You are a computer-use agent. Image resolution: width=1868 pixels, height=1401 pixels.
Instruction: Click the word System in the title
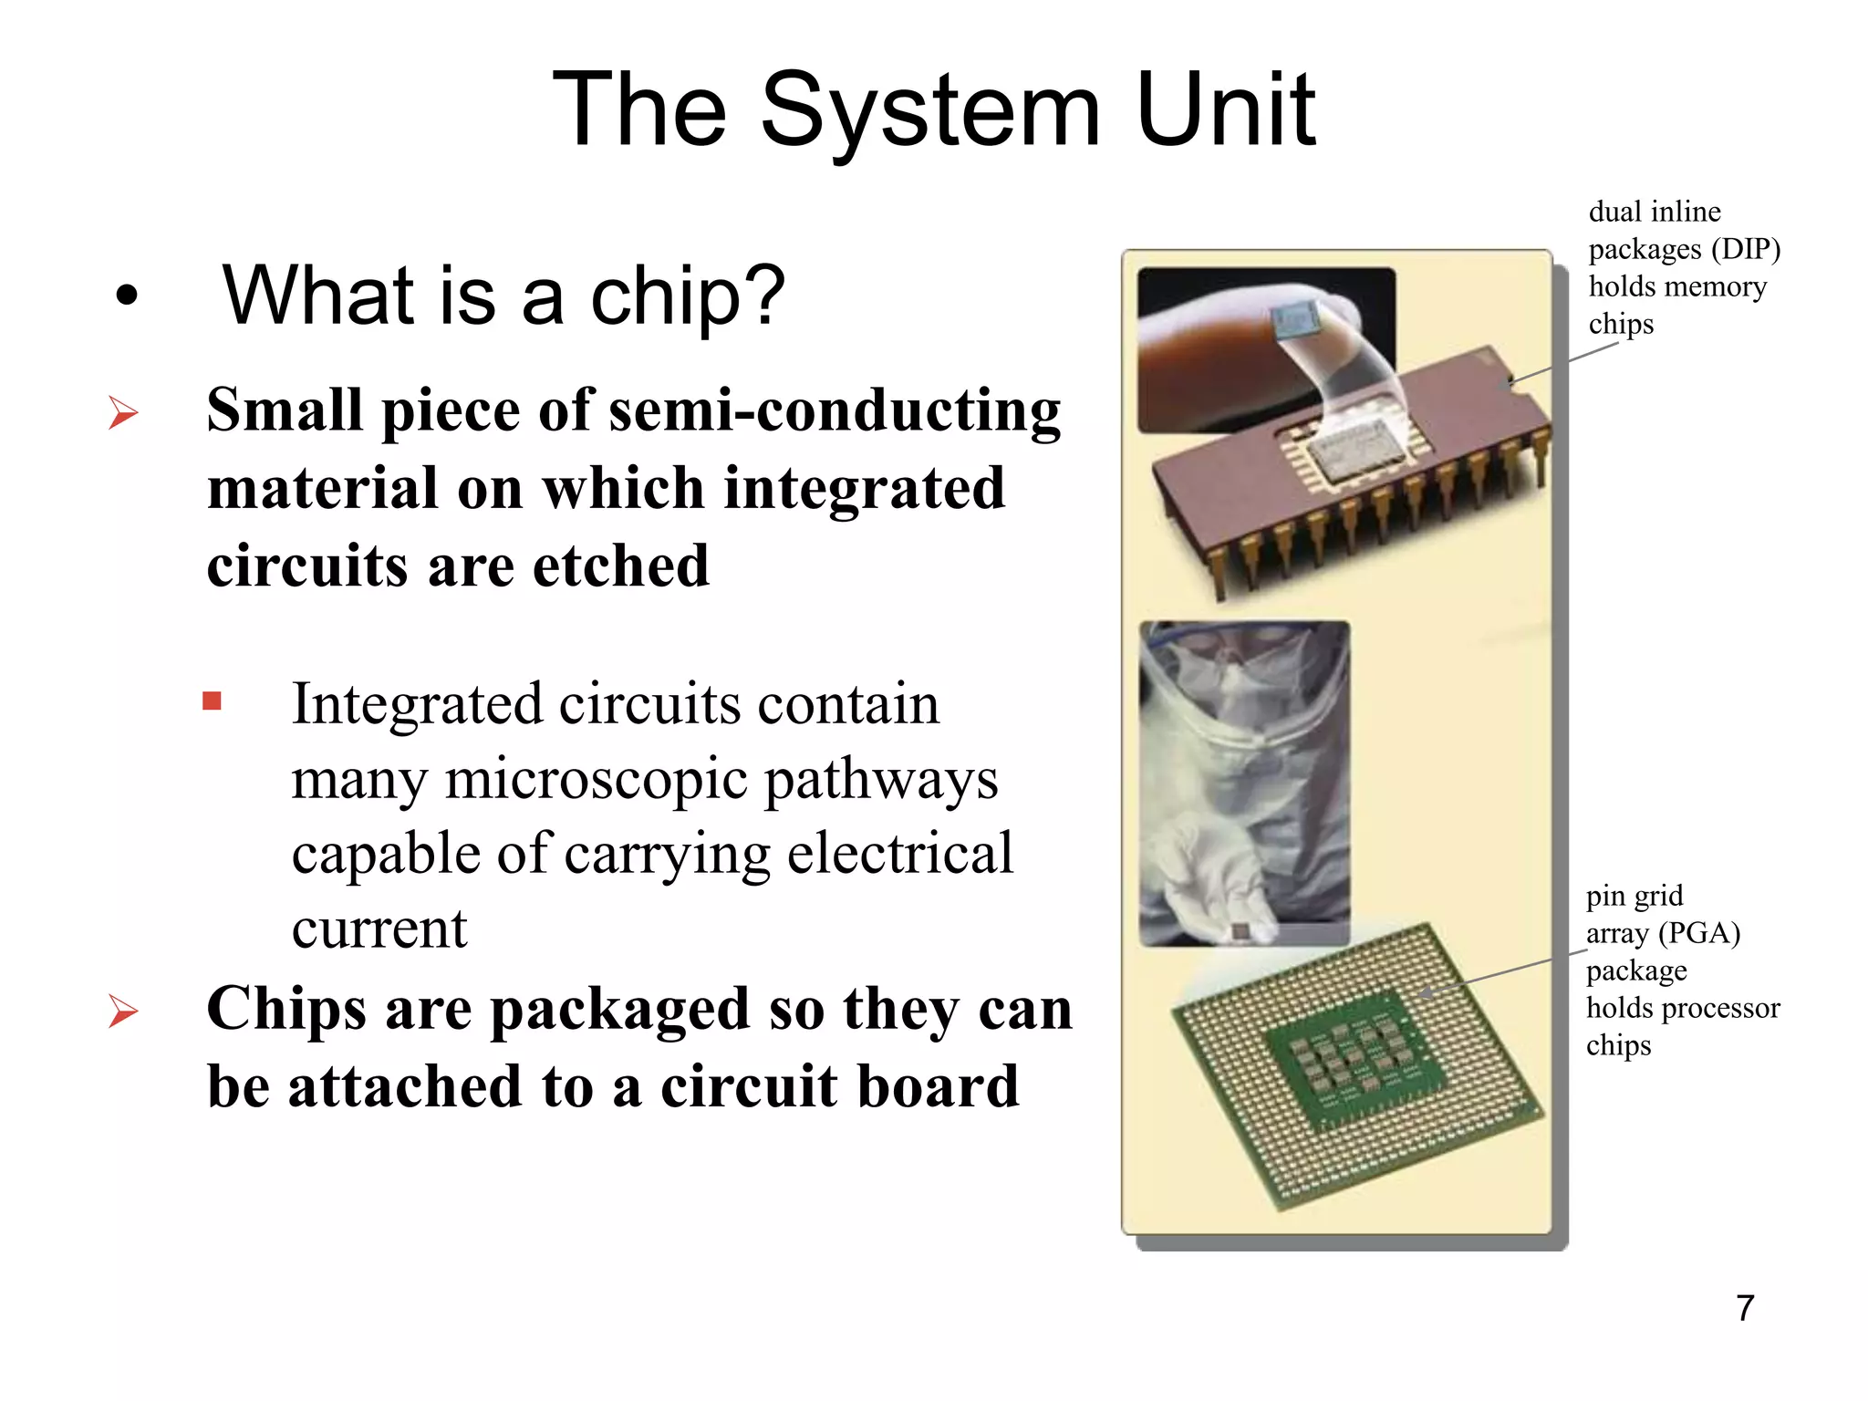[930, 111]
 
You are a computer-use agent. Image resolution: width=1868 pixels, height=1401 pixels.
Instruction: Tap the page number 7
[1745, 1308]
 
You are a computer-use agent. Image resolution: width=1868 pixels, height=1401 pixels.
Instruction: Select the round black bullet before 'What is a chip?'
[127, 296]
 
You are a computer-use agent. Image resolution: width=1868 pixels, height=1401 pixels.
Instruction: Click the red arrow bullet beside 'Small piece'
[123, 413]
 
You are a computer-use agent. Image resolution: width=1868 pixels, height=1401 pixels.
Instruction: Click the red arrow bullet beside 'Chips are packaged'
[123, 1011]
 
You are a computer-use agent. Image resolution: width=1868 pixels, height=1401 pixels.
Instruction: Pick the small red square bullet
[213, 700]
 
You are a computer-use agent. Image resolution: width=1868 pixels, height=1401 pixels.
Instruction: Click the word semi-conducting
[835, 410]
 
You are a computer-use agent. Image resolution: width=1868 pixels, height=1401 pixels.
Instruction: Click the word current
[379, 929]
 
